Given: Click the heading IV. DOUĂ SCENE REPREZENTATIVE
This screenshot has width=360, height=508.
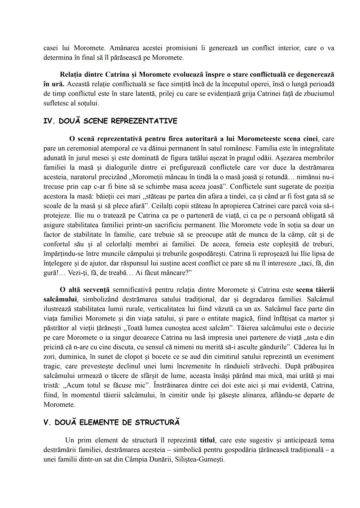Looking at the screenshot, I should coord(110,121).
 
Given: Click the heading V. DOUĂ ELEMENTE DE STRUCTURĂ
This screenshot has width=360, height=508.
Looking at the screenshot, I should coord(112,422).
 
